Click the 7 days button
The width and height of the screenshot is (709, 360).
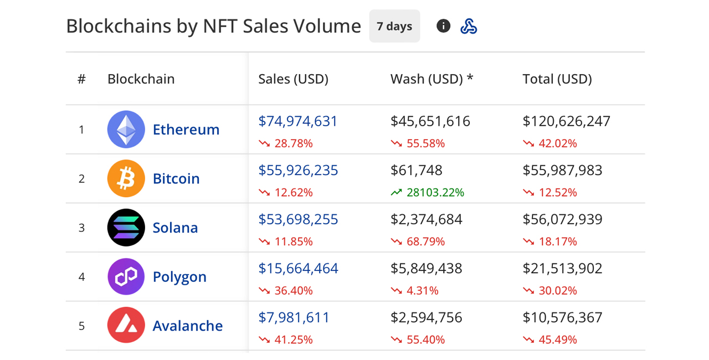click(x=394, y=26)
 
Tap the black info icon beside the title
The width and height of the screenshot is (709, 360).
click(x=443, y=26)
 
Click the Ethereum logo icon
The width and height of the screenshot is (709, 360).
click(x=126, y=130)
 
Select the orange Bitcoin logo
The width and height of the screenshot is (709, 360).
click(x=126, y=178)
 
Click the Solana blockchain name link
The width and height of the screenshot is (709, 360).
click(x=175, y=228)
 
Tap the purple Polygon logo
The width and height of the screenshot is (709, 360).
click(x=126, y=276)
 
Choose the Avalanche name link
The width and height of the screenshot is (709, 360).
click(x=187, y=326)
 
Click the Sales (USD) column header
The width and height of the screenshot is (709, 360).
click(x=293, y=79)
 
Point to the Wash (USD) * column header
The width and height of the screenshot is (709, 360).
click(x=431, y=79)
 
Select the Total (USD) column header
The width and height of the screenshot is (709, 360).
click(x=557, y=79)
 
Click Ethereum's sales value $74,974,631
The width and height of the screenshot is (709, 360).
click(x=298, y=121)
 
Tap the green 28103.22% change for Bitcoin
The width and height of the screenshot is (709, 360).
click(x=435, y=193)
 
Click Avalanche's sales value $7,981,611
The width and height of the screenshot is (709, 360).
click(x=294, y=317)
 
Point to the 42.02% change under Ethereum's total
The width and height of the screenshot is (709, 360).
click(x=557, y=143)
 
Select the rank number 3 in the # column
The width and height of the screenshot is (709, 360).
click(x=81, y=228)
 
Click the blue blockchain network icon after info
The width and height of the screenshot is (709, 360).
click(x=469, y=26)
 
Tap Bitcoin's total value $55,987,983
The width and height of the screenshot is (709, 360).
click(x=562, y=171)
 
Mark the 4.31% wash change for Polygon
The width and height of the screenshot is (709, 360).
click(x=422, y=291)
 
